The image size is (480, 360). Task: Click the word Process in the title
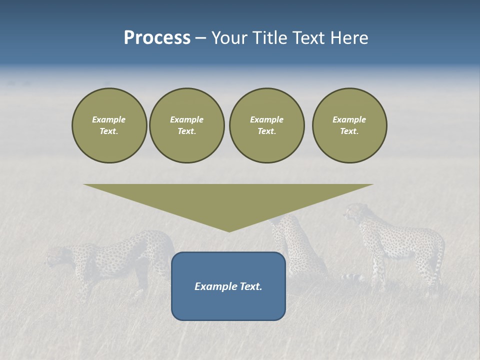coord(157,38)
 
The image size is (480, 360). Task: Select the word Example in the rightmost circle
coord(349,119)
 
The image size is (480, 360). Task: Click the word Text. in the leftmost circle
coord(109,131)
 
